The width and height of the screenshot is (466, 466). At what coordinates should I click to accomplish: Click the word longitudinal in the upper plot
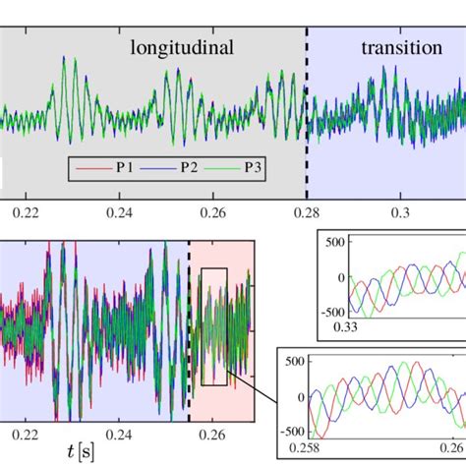coord(183,47)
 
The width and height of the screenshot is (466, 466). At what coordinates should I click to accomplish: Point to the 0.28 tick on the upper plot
coord(307,209)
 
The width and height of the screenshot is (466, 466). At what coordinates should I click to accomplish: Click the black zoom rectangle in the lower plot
coord(213,325)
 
